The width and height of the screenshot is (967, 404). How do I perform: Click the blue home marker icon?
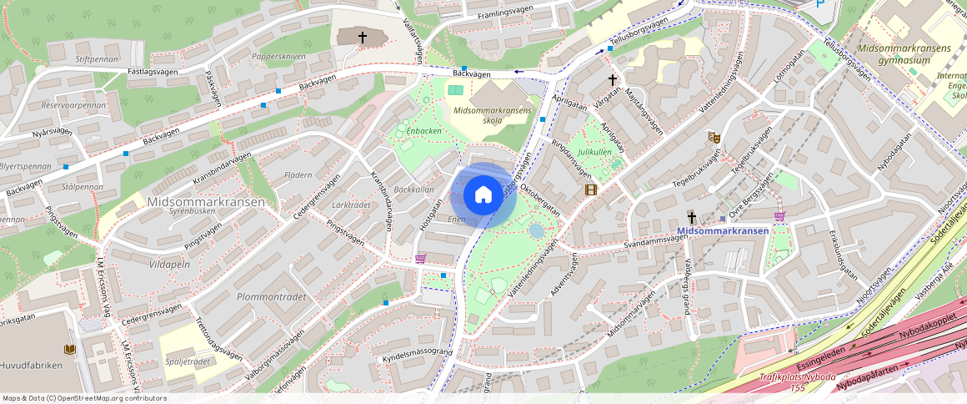[483, 195]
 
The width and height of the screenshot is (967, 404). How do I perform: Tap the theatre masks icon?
[714, 137]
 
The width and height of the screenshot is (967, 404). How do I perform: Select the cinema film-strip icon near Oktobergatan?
[590, 189]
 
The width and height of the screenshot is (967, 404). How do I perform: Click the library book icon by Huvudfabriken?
[69, 349]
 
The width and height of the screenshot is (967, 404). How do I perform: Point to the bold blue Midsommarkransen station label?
[722, 230]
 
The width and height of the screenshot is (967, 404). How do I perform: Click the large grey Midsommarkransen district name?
[206, 202]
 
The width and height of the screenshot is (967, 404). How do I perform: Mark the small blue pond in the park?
[536, 230]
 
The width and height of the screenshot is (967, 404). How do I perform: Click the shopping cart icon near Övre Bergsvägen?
[780, 216]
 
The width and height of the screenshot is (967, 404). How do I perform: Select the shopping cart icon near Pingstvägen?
[420, 258]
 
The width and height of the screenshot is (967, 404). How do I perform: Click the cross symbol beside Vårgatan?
[613, 79]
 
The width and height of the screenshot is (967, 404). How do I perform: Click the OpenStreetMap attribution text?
[84, 398]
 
